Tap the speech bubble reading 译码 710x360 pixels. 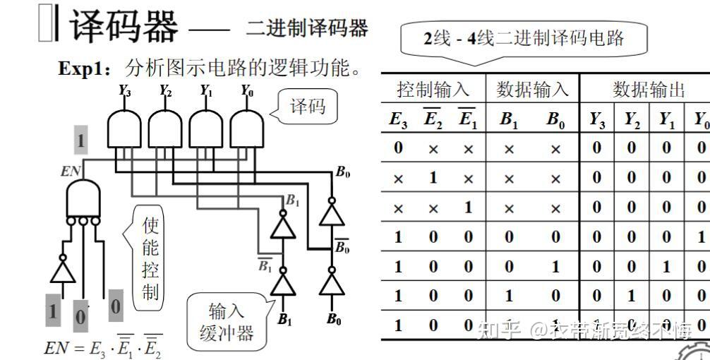(308, 107)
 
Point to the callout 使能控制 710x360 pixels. (150, 258)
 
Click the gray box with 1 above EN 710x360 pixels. (81, 141)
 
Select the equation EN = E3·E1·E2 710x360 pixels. (103, 348)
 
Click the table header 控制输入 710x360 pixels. (433, 90)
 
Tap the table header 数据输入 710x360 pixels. (532, 90)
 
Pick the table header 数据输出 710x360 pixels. (649, 90)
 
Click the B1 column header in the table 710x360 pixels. (509, 119)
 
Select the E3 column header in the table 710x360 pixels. (398, 119)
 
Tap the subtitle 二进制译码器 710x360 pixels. (307, 28)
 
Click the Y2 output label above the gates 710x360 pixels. (165, 90)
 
